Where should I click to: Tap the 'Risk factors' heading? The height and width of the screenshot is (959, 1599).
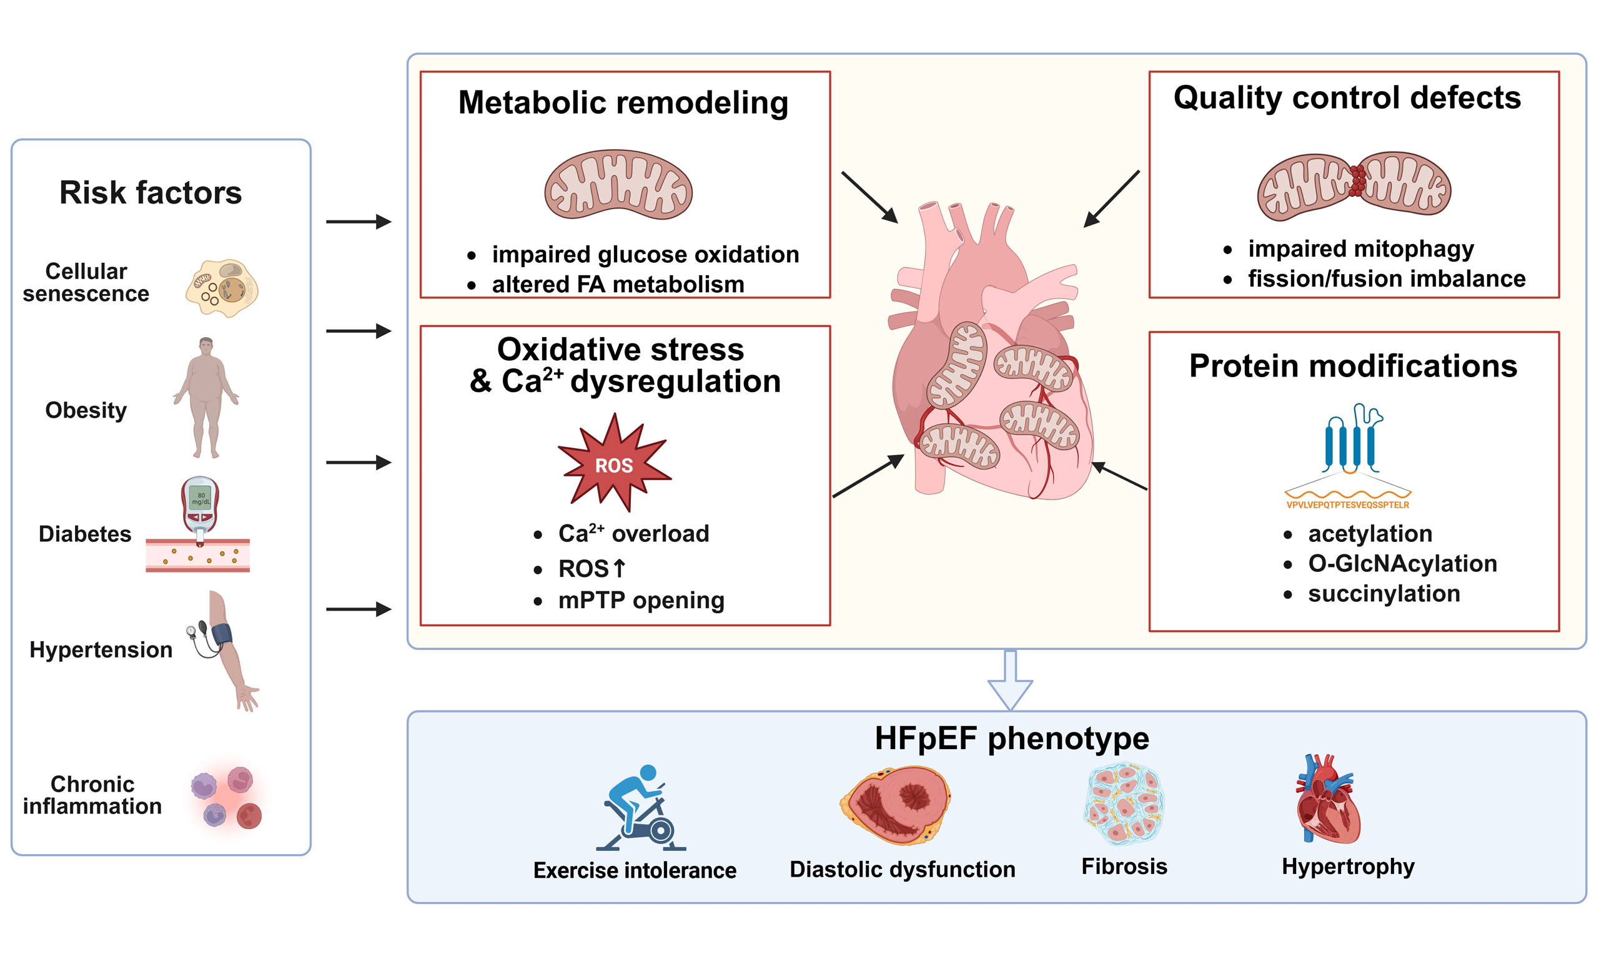pos(151,192)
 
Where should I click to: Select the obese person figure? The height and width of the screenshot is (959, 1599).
pos(205,398)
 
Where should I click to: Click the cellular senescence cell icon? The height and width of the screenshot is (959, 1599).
pos(222,288)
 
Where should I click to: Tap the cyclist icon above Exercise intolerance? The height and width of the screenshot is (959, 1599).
pos(640,808)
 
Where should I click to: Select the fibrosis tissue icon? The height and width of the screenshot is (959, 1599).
pos(1124,804)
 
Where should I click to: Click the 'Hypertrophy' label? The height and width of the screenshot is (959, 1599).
pos(1349,867)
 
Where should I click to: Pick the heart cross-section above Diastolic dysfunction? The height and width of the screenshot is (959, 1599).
pos(895,805)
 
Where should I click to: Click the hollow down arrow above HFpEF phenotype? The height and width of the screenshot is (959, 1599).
pos(1010,680)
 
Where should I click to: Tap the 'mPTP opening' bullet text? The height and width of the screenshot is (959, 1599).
pos(641,601)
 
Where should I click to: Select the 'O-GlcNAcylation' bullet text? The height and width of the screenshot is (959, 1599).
pos(1402,564)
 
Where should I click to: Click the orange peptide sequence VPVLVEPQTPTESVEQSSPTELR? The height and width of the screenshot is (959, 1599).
pos(1347,504)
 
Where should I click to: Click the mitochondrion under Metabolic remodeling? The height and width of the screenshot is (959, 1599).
pos(618,185)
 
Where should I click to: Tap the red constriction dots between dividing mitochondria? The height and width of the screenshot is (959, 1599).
pos(1357,180)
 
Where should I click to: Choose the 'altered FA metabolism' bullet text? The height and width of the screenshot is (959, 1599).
pos(618,284)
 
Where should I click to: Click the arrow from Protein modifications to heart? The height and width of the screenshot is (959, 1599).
pos(1119,476)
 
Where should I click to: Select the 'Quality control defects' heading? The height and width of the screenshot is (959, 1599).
pos(1347,98)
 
